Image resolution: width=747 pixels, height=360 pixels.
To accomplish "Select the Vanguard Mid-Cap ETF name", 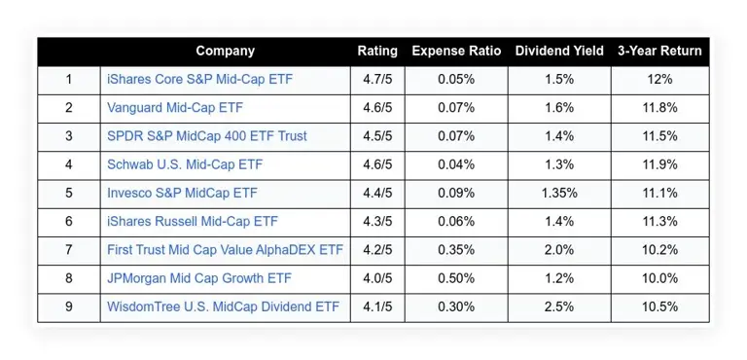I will pos(174,108).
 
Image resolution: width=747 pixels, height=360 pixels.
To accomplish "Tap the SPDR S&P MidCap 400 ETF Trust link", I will pos(206,136).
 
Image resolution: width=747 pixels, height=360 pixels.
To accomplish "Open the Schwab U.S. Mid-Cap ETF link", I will pos(185,164).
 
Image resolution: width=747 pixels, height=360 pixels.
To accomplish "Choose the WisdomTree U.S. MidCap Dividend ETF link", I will pos(223,306).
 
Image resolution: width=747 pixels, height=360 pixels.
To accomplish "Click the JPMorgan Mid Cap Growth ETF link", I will pos(197,278).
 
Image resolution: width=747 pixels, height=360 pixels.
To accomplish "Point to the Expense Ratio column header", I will pos(454,51).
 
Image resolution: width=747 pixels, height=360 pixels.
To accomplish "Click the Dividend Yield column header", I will pos(559,51).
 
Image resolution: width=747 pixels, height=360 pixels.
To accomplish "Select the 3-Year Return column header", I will pos(658,51).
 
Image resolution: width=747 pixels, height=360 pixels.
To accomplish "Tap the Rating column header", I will pos(377,51).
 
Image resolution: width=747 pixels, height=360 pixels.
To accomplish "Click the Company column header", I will pos(225,51).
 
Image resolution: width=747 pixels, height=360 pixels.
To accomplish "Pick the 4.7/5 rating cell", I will pos(377,80).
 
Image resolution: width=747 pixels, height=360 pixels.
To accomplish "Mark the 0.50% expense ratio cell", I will pos(454,278).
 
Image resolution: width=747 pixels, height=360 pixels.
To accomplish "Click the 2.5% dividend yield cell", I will pos(559,306).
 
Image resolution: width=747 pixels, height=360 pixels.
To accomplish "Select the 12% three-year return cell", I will pos(658,80).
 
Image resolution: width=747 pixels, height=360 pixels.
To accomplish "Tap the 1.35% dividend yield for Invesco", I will pos(559,193).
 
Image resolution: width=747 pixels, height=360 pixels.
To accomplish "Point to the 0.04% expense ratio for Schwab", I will pos(454,164).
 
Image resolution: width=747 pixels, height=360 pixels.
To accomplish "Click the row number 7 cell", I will pos(68,250).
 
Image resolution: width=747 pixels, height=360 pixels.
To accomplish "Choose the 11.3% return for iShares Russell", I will pos(658,221).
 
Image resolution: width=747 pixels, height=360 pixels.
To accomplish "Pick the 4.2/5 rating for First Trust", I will pos(377,250).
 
